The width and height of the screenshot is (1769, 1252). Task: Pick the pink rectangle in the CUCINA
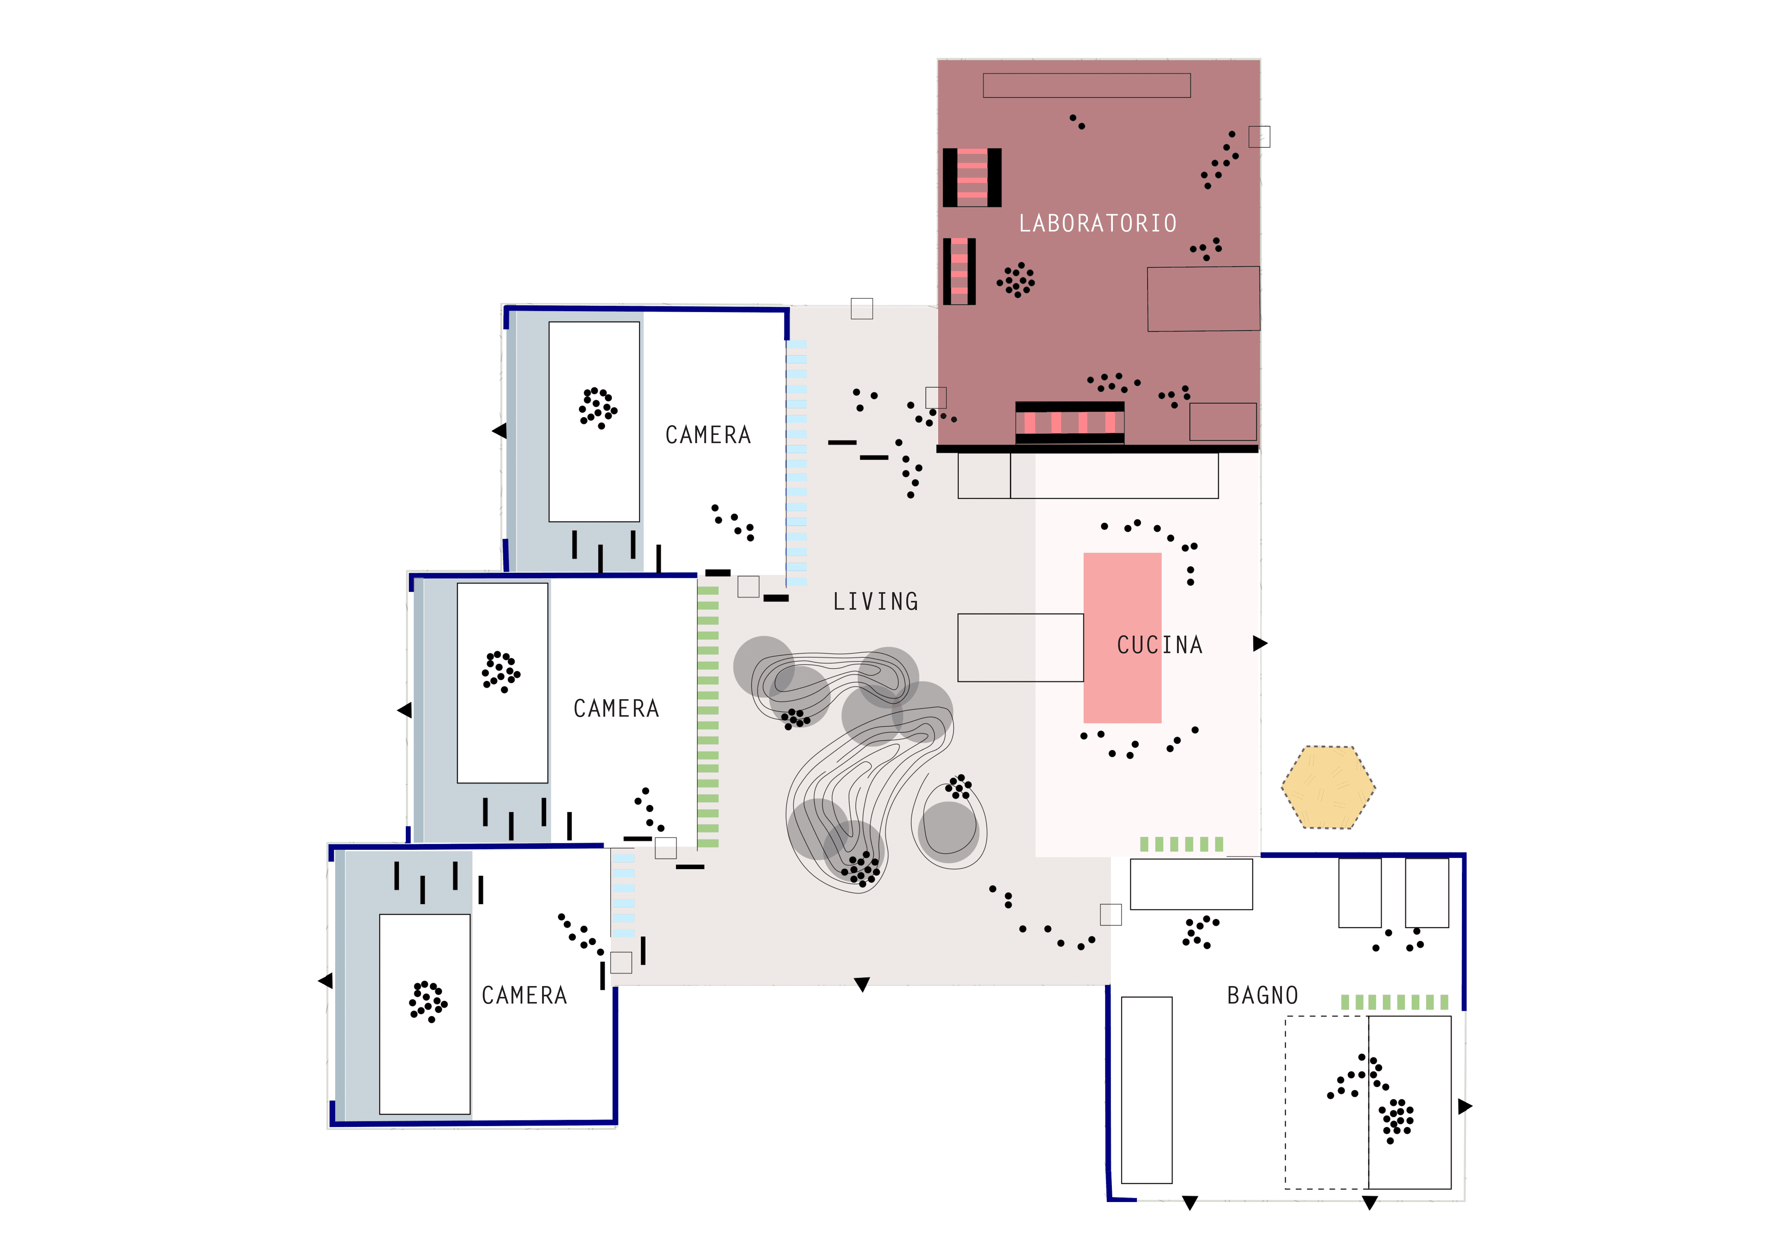point(1122,637)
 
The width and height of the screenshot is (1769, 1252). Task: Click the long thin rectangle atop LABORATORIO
point(1087,86)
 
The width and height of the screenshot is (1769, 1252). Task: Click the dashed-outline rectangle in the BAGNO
point(1327,1102)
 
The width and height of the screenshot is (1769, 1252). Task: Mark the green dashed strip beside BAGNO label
point(1395,1002)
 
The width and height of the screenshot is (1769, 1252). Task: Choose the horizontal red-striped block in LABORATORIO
point(1069,423)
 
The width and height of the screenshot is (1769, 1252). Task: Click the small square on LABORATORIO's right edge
point(1259,136)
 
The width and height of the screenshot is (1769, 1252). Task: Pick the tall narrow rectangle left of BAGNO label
point(1146,1090)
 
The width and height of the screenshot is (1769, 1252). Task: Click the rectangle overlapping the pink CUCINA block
point(1020,647)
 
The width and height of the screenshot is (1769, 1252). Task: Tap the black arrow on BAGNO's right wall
point(1465,1106)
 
